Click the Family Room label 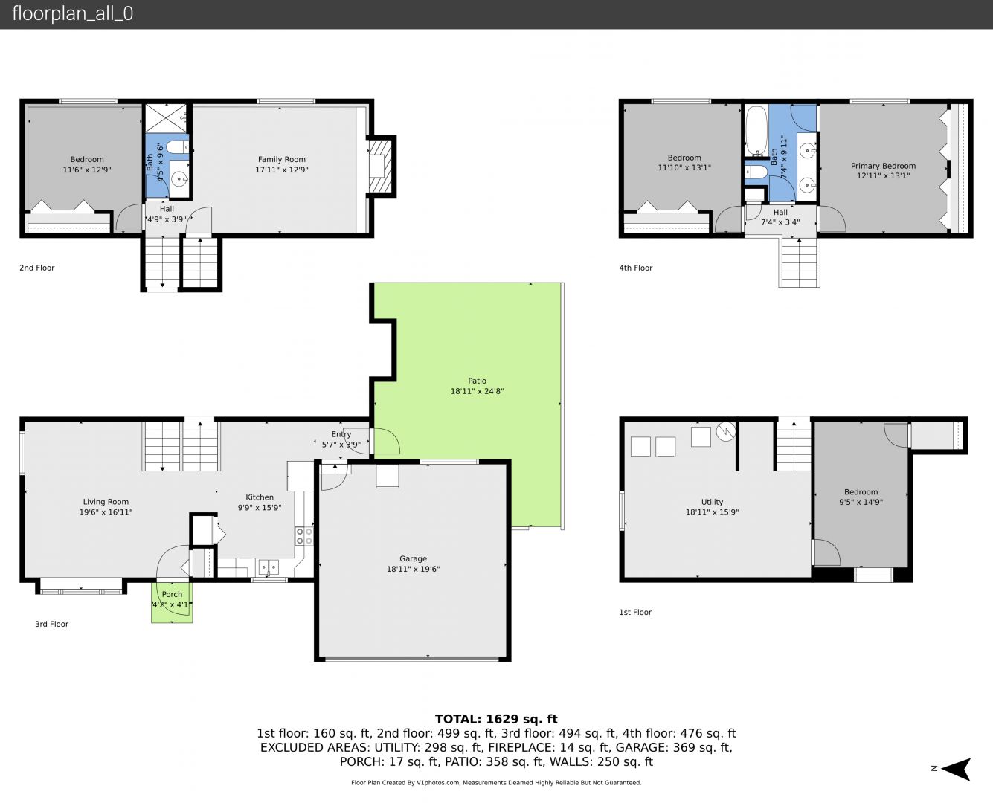point(282,159)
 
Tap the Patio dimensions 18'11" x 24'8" point(477,392)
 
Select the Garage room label point(413,558)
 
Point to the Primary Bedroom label point(883,166)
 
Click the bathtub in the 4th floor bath point(756,131)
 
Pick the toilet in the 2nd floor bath point(177,147)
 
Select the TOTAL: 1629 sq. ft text point(496,719)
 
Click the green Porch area point(172,602)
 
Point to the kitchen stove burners point(303,536)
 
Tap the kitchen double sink point(269,567)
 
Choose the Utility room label point(712,502)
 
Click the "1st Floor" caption point(635,612)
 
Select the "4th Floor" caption point(635,268)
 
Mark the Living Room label point(106,501)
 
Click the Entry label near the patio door point(341,434)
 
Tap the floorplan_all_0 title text point(73,13)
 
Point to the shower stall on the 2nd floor point(166,118)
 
